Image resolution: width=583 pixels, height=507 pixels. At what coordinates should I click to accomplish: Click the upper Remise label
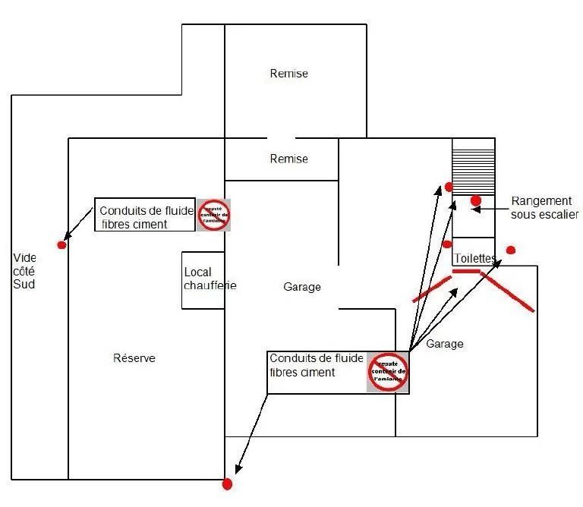pyautogui.click(x=289, y=74)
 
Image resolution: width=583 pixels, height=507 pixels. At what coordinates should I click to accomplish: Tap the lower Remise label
pyautogui.click(x=289, y=159)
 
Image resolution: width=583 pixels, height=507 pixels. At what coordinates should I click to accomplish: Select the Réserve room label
pyautogui.click(x=134, y=358)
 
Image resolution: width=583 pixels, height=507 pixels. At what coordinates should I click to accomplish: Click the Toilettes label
pyautogui.click(x=474, y=259)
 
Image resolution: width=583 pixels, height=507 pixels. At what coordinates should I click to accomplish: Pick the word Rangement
pyautogui.click(x=540, y=200)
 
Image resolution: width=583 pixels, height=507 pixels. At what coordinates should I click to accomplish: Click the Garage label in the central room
pyautogui.click(x=302, y=287)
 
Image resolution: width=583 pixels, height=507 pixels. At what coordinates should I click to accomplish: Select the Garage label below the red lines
pyautogui.click(x=444, y=344)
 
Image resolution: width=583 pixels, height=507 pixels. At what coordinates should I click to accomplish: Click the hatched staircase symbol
pyautogui.click(x=474, y=166)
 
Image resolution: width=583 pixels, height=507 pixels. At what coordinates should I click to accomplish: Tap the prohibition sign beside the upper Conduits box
pyautogui.click(x=213, y=216)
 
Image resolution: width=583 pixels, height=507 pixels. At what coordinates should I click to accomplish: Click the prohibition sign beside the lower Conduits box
pyautogui.click(x=388, y=372)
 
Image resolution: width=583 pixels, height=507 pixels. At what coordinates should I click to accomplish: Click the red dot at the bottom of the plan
pyautogui.click(x=226, y=483)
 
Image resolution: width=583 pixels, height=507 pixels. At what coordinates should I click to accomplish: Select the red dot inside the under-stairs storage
pyautogui.click(x=476, y=200)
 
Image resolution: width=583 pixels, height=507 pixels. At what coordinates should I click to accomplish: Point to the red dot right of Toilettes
pyautogui.click(x=511, y=250)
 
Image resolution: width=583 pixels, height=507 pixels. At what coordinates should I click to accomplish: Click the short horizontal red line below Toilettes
pyautogui.click(x=466, y=270)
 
